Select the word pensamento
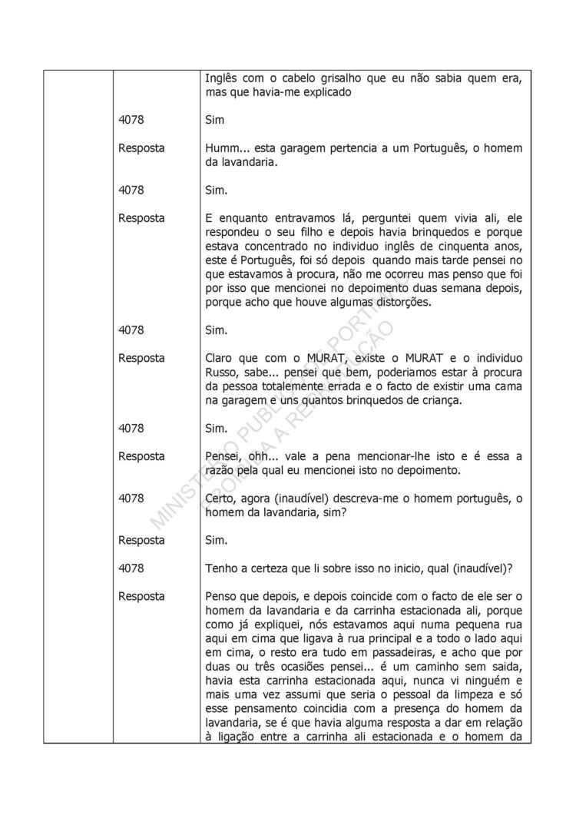pos(278,723)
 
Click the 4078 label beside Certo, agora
pos(132,499)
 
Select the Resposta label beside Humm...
pos(142,147)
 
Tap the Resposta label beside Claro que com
pos(142,358)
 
